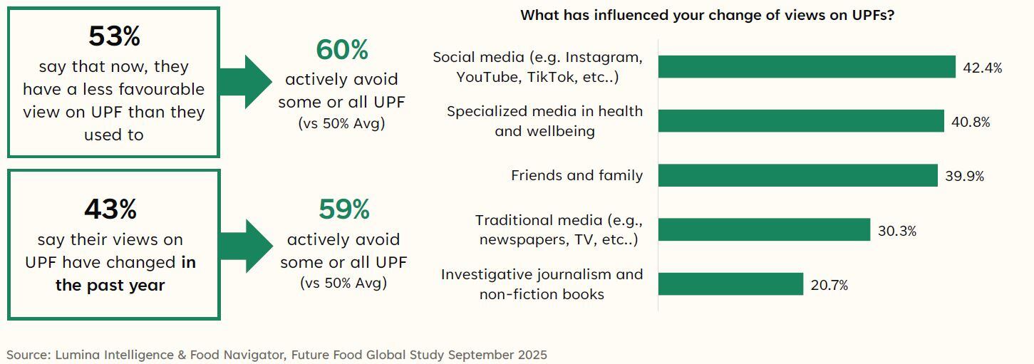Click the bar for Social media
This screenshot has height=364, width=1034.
point(806,66)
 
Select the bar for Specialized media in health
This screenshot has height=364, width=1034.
point(800,121)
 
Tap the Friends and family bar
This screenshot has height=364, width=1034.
point(797,175)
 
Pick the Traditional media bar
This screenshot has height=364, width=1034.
point(764,229)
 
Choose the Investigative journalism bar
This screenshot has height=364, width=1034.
point(730,284)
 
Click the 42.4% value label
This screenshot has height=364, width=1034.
point(983,68)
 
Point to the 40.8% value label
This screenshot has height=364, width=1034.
point(971,122)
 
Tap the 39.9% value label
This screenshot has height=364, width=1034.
point(964,176)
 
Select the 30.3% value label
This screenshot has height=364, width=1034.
point(897,231)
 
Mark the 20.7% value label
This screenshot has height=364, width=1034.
point(829,285)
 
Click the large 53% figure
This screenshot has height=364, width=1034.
point(114,36)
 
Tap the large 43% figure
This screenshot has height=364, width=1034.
point(110,209)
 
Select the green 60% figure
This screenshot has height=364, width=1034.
point(342,50)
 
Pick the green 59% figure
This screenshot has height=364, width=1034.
point(344,209)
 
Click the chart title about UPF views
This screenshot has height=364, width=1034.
point(707,15)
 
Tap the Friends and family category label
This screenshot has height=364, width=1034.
point(577,175)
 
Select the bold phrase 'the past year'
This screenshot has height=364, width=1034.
point(110,285)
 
